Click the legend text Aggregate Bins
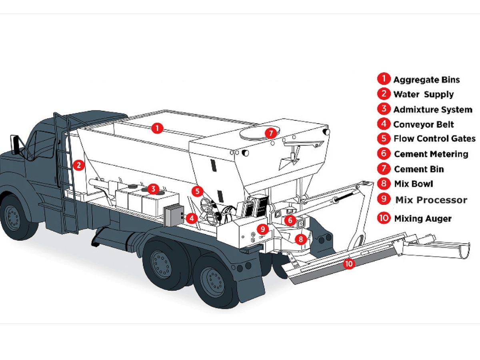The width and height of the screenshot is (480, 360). [426, 80]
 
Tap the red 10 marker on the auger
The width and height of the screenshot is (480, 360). [349, 264]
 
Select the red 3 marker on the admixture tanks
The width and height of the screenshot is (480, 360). [152, 188]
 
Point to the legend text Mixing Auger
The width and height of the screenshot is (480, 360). [423, 218]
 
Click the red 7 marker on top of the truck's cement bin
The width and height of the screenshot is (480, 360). [271, 132]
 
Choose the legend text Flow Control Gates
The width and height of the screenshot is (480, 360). [434, 139]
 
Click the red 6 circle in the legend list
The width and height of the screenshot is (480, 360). [383, 154]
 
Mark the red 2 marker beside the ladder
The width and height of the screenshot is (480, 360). [79, 164]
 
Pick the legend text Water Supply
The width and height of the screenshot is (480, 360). [423, 94]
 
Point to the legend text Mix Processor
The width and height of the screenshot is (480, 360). [431, 200]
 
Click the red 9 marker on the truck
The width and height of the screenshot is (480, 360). [262, 229]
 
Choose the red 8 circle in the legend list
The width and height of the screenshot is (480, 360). [383, 184]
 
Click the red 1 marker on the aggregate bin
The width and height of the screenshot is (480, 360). [158, 128]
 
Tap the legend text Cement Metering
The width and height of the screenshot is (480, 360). [431, 154]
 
